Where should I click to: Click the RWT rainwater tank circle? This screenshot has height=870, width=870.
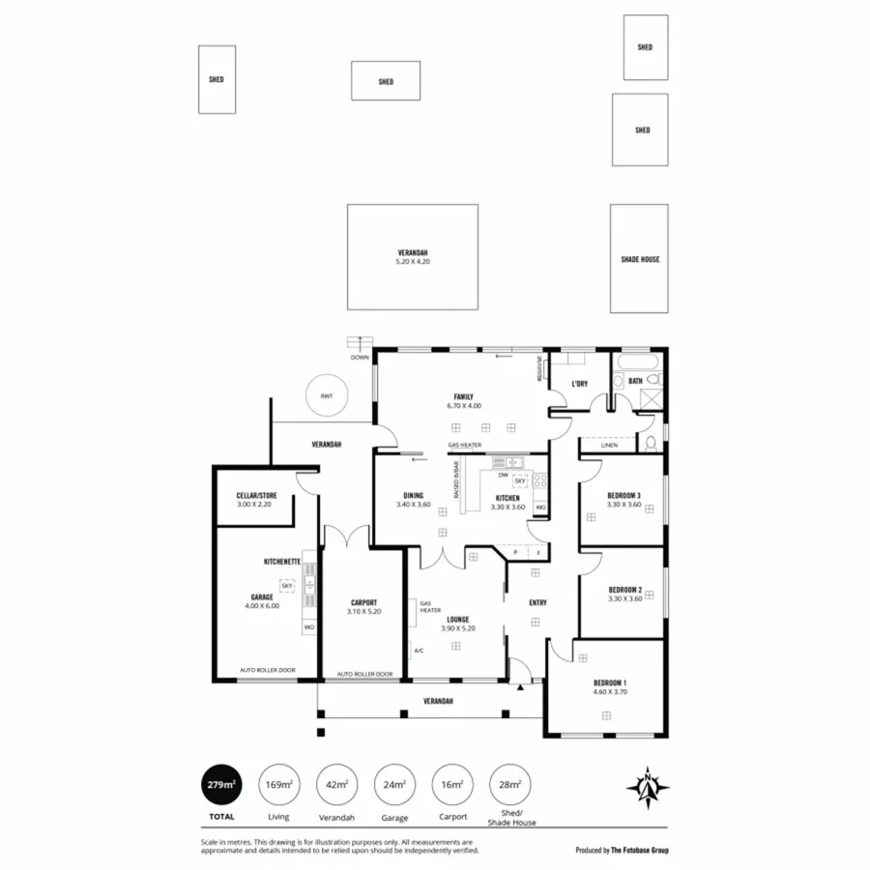pyautogui.click(x=326, y=395)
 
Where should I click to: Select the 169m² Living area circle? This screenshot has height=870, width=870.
pyautogui.click(x=278, y=784)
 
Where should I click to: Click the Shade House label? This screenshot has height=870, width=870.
pyautogui.click(x=640, y=259)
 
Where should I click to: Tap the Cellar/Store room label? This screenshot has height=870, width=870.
pyautogui.click(x=256, y=495)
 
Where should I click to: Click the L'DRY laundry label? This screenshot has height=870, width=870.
pyautogui.click(x=579, y=384)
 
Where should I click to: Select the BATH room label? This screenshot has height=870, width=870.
pyautogui.click(x=635, y=381)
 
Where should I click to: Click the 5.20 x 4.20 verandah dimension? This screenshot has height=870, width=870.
pyautogui.click(x=413, y=262)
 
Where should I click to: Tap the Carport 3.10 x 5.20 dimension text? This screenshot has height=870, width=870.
pyautogui.click(x=363, y=612)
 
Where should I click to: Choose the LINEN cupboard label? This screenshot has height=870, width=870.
pyautogui.click(x=608, y=446)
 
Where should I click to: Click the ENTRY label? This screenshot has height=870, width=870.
pyautogui.click(x=537, y=602)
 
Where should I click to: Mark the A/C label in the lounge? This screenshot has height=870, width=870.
pyautogui.click(x=418, y=651)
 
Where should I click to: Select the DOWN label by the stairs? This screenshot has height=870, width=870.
pyautogui.click(x=360, y=357)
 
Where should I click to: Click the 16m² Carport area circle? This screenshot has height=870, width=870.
pyautogui.click(x=451, y=784)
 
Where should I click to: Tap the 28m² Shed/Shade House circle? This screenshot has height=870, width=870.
pyautogui.click(x=508, y=784)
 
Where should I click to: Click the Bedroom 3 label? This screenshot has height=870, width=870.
pyautogui.click(x=624, y=495)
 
